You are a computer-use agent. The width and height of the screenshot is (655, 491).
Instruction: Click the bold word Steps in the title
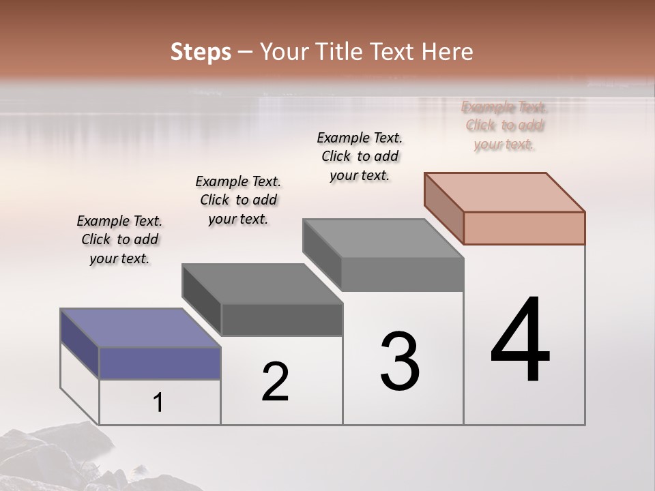pyautogui.click(x=201, y=52)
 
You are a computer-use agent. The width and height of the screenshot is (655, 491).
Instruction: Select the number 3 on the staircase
pyautogui.click(x=399, y=361)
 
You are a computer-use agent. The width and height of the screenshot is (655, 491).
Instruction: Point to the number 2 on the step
pyautogui.click(x=275, y=382)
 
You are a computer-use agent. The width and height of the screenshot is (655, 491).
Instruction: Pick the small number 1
pyautogui.click(x=158, y=403)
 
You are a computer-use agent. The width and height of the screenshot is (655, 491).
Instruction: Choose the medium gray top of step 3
pyautogui.click(x=383, y=239)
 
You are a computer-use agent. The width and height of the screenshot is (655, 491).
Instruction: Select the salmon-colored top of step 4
pyautogui.click(x=505, y=192)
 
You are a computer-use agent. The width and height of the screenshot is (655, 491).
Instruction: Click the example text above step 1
pyautogui.click(x=119, y=239)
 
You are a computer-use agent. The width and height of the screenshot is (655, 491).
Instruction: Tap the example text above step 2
pyautogui.click(x=238, y=200)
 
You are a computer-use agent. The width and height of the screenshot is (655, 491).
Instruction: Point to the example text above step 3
pyautogui.click(x=360, y=156)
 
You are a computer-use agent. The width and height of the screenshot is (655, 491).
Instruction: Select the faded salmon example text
pyautogui.click(x=504, y=125)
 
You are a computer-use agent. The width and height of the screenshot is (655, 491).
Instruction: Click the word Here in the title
pyautogui.click(x=448, y=52)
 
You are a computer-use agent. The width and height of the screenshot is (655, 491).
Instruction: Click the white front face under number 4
pyautogui.click(x=524, y=402)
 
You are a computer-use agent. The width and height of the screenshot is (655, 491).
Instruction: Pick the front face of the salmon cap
pyautogui.click(x=524, y=228)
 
